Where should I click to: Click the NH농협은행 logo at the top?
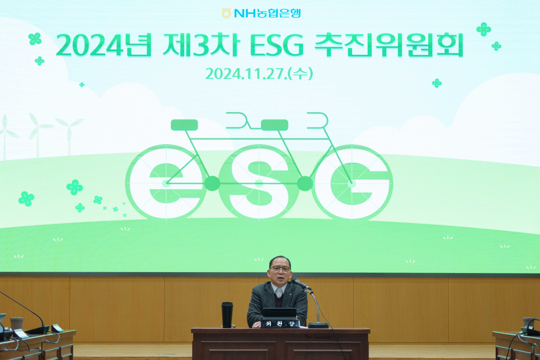pyautogui.click(x=261, y=13)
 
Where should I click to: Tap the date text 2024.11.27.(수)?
pyautogui.click(x=259, y=73)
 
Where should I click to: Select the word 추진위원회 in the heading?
pyautogui.click(x=388, y=46)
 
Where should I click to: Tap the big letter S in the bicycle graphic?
pyautogui.click(x=259, y=182)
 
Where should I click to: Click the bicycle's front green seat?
pyautogui.click(x=184, y=125)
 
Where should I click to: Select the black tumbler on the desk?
pyautogui.click(x=227, y=314)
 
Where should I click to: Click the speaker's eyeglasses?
pyautogui.click(x=281, y=269)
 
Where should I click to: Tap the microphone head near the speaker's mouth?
pyautogui.click(x=298, y=283)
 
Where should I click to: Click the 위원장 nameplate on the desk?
pyautogui.click(x=280, y=324)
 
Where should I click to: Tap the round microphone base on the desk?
pyautogui.click(x=318, y=325)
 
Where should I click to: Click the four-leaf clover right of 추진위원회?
pyautogui.click(x=484, y=29)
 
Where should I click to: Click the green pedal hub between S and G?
pyautogui.click(x=305, y=183)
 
